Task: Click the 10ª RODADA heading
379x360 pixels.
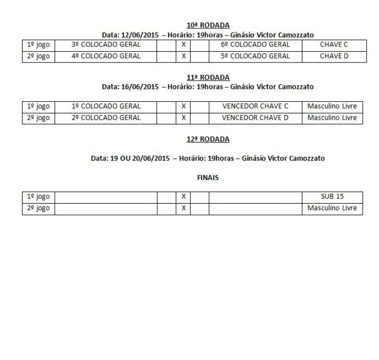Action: (x=208, y=25)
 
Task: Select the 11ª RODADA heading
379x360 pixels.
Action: (x=208, y=77)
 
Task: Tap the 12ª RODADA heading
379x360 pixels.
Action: (x=208, y=139)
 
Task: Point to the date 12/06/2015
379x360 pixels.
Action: (x=141, y=35)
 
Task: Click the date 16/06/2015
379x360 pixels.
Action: (x=141, y=87)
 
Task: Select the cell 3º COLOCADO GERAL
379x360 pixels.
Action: (x=106, y=45)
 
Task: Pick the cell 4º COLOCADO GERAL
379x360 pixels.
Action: (x=106, y=56)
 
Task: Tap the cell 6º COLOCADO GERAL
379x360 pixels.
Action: (x=255, y=45)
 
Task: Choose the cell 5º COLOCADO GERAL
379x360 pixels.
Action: (x=255, y=56)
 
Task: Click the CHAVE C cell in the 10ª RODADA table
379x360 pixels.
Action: (x=334, y=45)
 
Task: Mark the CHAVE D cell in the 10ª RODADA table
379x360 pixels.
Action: (x=334, y=56)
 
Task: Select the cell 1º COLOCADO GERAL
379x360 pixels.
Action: (x=106, y=107)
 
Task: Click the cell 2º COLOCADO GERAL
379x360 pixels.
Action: (x=106, y=117)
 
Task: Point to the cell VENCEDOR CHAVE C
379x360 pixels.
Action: (x=255, y=107)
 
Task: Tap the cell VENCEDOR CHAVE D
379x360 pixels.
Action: (x=255, y=117)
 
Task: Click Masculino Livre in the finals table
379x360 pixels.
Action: (x=332, y=208)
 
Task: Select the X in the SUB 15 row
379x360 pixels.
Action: (x=183, y=197)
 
